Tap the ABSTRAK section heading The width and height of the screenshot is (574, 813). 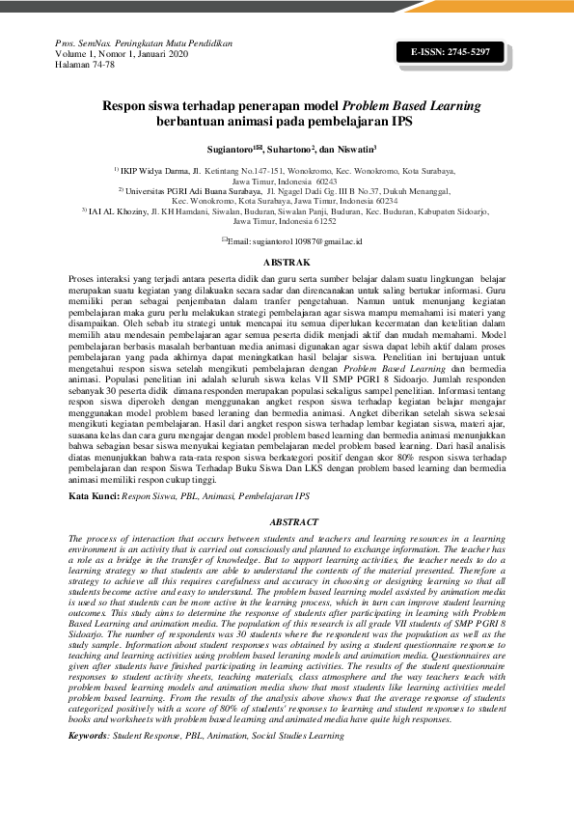287,262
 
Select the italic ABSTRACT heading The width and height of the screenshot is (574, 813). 287,521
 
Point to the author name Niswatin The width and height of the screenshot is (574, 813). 354,150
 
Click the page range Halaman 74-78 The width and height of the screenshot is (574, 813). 85,65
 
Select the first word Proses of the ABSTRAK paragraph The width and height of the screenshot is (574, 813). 84,277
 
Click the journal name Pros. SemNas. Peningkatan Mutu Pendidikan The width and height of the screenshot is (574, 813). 144,43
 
